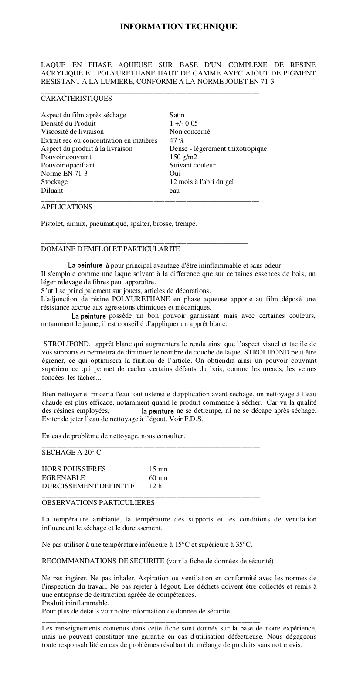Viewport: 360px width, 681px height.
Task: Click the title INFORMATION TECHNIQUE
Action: [x=178, y=27]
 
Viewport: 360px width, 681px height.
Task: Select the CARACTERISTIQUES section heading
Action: [x=76, y=99]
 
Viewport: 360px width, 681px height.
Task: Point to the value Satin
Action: [x=177, y=115]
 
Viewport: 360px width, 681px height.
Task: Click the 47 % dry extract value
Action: [x=177, y=140]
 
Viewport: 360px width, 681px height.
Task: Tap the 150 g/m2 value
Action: [x=183, y=157]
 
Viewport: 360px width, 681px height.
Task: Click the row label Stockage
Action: [x=54, y=182]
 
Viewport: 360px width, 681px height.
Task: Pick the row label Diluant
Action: [x=52, y=191]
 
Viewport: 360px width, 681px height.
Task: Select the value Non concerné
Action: [x=190, y=132]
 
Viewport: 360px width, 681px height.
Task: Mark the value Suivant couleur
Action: [x=192, y=165]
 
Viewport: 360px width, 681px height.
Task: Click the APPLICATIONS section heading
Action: [x=67, y=207]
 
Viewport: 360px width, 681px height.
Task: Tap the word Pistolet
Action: [x=52, y=224]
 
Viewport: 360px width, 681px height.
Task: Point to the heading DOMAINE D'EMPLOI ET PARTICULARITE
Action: [x=110, y=249]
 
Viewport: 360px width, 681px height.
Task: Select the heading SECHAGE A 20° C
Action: [x=71, y=453]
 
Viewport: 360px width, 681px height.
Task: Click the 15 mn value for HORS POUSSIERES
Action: [x=158, y=469]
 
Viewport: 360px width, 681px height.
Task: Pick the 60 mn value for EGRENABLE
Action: [x=158, y=478]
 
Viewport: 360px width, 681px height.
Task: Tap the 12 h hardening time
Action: [x=155, y=486]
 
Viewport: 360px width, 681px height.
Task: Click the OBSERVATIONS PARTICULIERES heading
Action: [x=98, y=503]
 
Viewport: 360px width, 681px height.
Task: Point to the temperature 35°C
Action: [x=244, y=545]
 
